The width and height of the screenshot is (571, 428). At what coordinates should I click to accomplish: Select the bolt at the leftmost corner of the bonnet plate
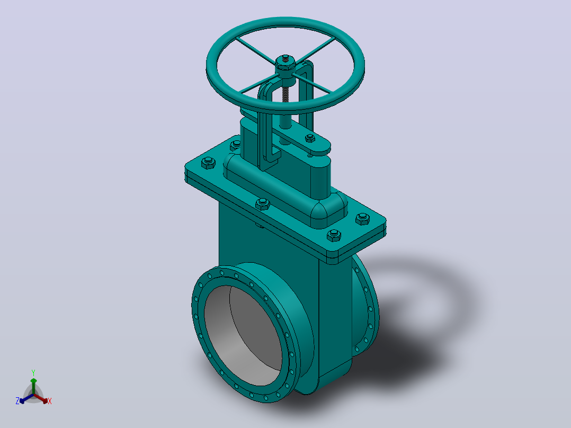point(208,163)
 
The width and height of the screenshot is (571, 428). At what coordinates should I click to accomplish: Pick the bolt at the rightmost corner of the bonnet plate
point(362,219)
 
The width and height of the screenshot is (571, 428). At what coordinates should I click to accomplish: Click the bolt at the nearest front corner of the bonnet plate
point(334,236)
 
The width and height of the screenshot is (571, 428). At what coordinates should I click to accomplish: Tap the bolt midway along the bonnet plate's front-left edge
point(262,204)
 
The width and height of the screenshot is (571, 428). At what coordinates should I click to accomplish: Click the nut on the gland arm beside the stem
point(310,138)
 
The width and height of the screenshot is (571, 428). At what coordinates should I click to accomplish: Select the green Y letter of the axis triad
point(33,372)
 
